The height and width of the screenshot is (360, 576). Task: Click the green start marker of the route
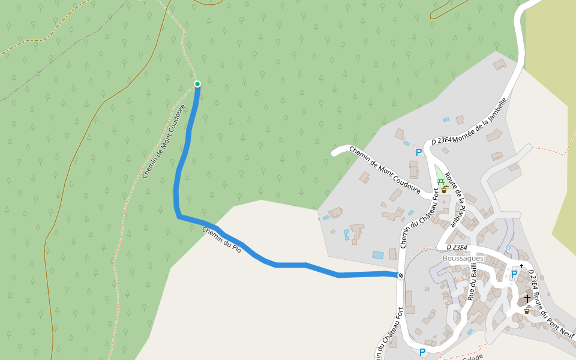pyautogui.click(x=197, y=83)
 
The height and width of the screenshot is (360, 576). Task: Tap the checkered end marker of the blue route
pyautogui.click(x=400, y=275)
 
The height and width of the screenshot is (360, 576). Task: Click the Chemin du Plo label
pyautogui.click(x=221, y=239)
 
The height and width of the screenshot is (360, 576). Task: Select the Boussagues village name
pyautogui.click(x=463, y=258)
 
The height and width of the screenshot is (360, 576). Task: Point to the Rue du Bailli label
pyautogui.click(x=474, y=281)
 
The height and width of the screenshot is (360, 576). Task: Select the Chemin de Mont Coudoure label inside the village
pyautogui.click(x=388, y=173)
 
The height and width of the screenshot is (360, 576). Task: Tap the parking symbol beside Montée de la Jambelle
pyautogui.click(x=419, y=152)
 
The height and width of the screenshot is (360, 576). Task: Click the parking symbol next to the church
pyautogui.click(x=514, y=274)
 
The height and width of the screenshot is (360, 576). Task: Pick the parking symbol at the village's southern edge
pyautogui.click(x=422, y=352)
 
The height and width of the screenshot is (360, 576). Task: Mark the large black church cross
pyautogui.click(x=527, y=298)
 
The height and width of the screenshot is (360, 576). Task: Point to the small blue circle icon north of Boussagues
pyautogui.click(x=508, y=248)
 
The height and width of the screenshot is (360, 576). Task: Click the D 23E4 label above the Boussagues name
pyautogui.click(x=457, y=247)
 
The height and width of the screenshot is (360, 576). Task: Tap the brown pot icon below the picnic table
pyautogui.click(x=444, y=190)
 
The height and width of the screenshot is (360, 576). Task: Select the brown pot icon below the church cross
pyautogui.click(x=526, y=310)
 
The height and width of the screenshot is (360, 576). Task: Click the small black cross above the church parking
pyautogui.click(x=521, y=266)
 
